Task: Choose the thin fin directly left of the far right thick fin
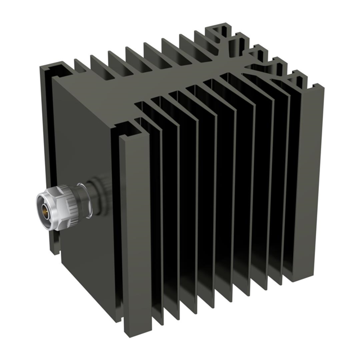[290, 180]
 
